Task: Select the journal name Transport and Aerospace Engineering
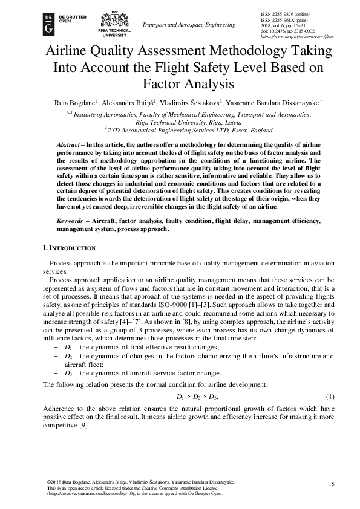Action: click(188, 25)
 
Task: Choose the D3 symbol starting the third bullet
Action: click(70, 373)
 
